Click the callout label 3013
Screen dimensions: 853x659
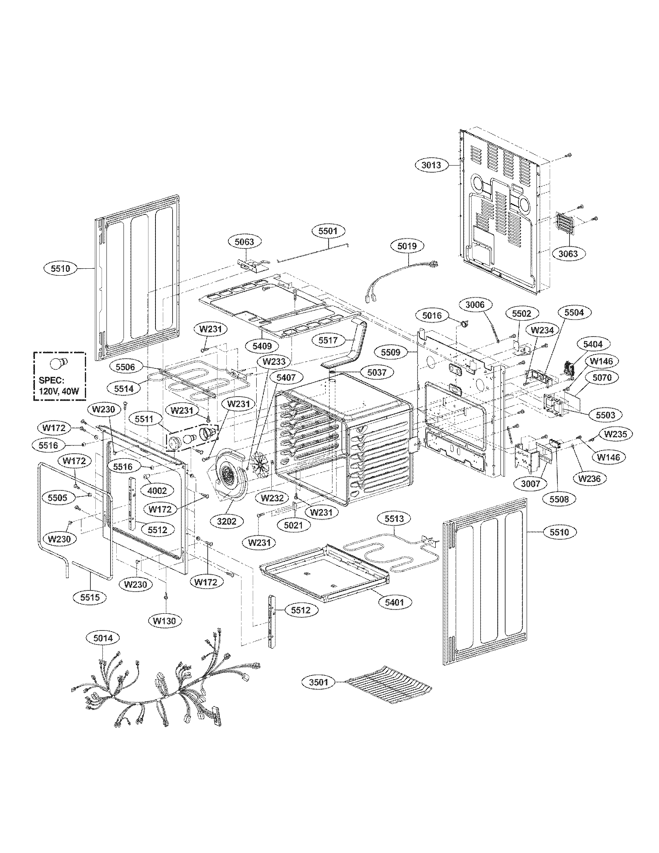[x=431, y=165]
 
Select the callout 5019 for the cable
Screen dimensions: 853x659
[x=407, y=246]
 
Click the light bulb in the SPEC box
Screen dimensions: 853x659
[x=59, y=363]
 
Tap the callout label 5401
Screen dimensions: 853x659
[x=395, y=603]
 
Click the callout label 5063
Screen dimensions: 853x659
[x=244, y=242]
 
